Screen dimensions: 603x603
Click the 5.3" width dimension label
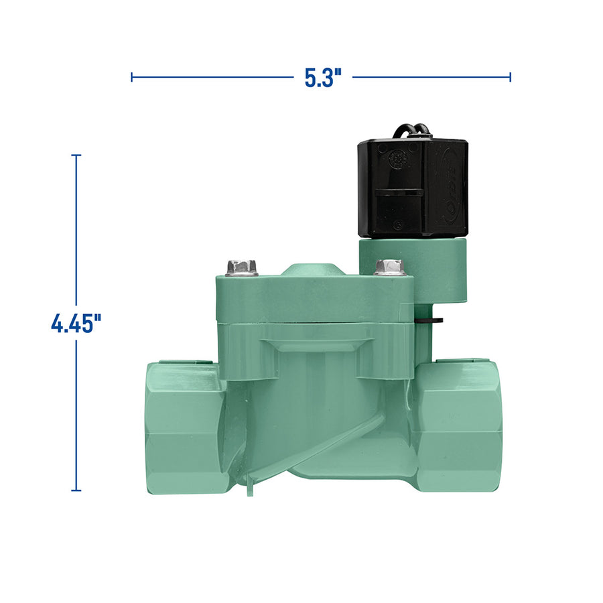pos(323,78)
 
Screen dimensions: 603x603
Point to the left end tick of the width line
pos(132,77)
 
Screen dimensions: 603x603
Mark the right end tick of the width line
pos(511,77)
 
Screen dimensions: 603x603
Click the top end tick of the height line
pos(76,155)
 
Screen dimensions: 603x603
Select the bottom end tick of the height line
pos(76,490)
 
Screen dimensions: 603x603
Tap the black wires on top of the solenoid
pos(408,129)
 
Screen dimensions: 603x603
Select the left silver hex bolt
pos(242,267)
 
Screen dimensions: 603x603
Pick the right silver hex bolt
pos(389,267)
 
